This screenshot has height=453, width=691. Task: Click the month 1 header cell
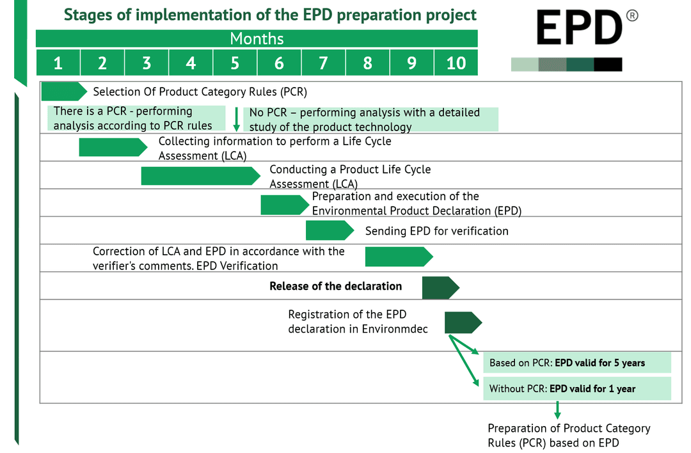tap(58, 63)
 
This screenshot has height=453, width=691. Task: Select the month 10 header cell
tap(456, 63)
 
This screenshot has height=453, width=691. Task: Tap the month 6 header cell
tap(279, 63)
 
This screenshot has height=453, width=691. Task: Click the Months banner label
tap(257, 38)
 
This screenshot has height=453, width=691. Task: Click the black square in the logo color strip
tap(608, 64)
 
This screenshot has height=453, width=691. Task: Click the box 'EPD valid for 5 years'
tap(576, 363)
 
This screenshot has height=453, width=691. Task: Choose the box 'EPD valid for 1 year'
tap(576, 388)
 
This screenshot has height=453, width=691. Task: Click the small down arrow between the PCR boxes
tap(236, 119)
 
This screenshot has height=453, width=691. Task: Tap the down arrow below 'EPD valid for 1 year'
tap(557, 410)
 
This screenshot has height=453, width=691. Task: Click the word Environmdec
tap(395, 329)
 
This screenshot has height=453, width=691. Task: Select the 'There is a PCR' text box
tap(136, 118)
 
